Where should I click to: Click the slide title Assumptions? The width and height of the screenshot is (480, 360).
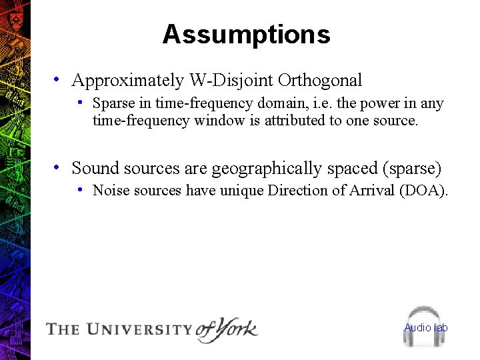[x=246, y=35]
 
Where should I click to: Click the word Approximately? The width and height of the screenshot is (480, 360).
[x=127, y=81]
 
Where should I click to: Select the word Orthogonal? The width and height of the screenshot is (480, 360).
[x=320, y=81]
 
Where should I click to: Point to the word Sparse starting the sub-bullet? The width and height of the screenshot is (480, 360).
[x=113, y=103]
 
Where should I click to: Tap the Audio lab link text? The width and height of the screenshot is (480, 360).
[x=426, y=327]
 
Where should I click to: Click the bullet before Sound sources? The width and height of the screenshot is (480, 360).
[x=59, y=167]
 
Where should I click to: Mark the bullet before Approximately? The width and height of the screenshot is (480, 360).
[x=59, y=79]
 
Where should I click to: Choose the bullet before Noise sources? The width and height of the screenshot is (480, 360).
[x=79, y=189]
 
